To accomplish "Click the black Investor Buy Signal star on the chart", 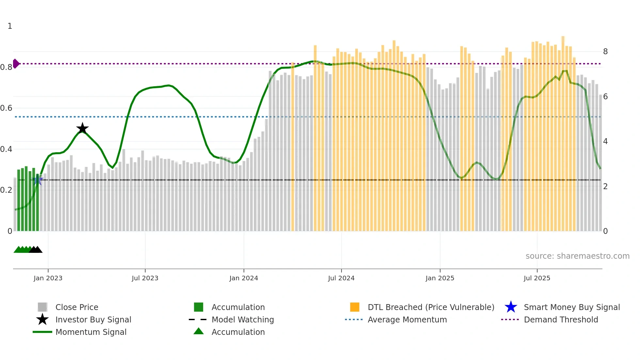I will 82,128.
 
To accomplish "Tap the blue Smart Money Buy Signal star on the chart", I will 38,180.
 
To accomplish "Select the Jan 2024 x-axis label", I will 244,278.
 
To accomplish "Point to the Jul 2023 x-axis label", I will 145,278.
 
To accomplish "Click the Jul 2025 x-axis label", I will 537,278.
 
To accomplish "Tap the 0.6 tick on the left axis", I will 6,108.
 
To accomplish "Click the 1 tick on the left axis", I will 10,26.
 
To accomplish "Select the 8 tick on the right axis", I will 605,52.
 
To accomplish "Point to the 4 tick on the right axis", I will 605,141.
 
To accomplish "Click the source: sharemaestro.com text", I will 577,256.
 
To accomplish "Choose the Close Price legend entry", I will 77,307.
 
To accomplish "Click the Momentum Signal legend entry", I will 91,332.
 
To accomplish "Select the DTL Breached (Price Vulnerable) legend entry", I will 431,307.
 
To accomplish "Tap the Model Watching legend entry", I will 243,319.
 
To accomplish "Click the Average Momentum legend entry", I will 407,319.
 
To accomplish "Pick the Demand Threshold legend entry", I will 561,319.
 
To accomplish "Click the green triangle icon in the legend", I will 199,331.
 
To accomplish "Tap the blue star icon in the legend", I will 511,307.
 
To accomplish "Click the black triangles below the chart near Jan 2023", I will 36,250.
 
